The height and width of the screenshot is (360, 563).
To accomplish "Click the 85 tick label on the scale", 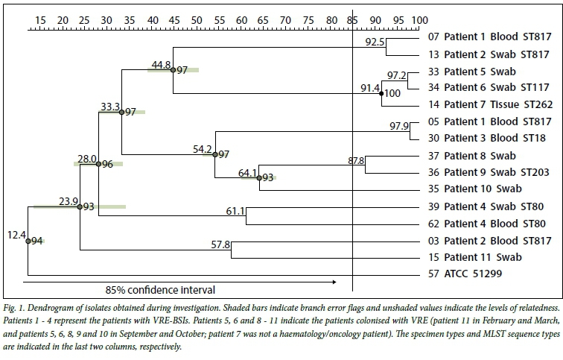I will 352,19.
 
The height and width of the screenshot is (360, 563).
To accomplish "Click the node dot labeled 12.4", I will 28,241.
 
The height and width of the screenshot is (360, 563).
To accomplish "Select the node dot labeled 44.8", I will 173,70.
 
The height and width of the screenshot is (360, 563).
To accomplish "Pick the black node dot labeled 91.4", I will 381,94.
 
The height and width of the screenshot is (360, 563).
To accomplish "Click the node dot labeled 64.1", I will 259,178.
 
